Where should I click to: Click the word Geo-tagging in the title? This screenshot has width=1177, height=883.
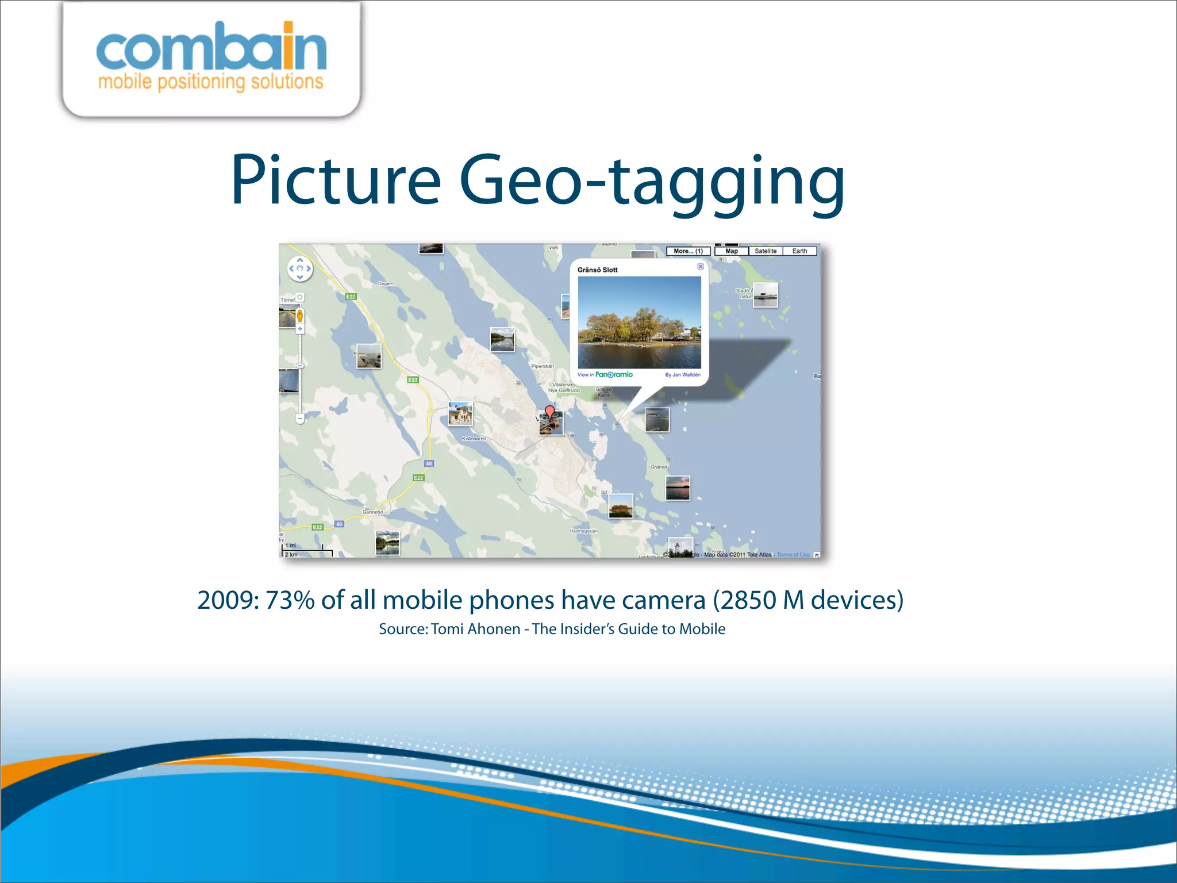(652, 181)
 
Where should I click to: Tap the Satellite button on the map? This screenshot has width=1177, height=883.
(765, 251)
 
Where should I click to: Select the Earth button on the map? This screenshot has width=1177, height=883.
(799, 251)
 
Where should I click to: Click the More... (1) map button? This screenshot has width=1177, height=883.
(688, 251)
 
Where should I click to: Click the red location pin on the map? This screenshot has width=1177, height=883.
(549, 412)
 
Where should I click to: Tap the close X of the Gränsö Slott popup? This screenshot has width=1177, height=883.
(701, 266)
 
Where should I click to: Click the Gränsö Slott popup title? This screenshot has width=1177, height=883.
(597, 270)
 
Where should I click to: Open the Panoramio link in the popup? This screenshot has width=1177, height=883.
(613, 375)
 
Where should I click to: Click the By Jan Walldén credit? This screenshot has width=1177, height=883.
(682, 375)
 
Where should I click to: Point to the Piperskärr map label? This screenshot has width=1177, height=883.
(543, 366)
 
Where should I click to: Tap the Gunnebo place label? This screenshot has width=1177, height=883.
(372, 512)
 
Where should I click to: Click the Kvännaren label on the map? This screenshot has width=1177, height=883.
(474, 439)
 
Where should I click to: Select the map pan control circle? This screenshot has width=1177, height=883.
(299, 268)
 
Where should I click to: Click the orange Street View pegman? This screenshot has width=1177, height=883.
(299, 315)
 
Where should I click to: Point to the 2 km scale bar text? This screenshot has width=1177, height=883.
(291, 555)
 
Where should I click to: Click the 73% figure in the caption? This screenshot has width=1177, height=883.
(290, 600)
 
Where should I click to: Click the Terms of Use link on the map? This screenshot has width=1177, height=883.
(793, 555)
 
